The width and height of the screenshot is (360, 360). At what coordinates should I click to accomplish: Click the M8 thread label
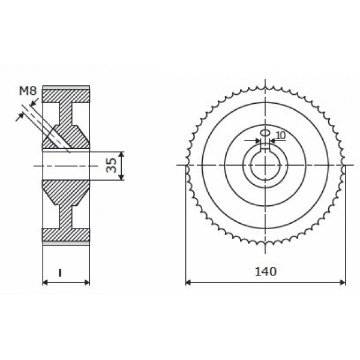pos(28,91)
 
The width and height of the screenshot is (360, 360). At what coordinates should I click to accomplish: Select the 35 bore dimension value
pos(111,166)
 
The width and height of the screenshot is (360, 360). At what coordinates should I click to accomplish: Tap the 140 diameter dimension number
pos(265,271)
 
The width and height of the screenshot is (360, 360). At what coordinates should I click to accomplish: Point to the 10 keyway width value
pos(280,136)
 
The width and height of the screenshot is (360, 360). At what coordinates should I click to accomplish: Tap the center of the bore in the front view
pos(265,166)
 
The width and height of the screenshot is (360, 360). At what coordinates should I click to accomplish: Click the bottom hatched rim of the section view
pos(66,235)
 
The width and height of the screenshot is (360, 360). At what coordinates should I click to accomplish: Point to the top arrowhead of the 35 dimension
pos(122,154)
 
